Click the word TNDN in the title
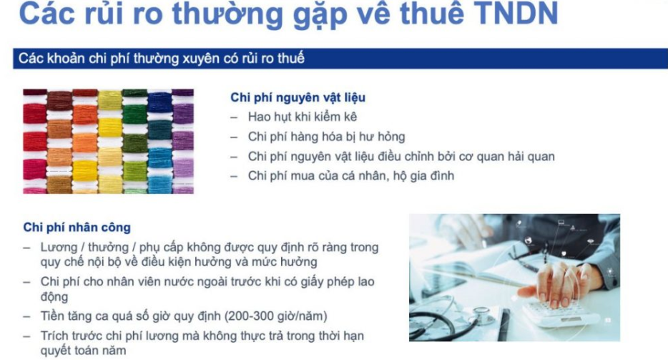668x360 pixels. [x=516, y=13]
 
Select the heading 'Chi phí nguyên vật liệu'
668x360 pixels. [x=298, y=97]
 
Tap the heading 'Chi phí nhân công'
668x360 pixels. [x=77, y=227]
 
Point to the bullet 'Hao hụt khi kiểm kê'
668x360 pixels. [x=303, y=117]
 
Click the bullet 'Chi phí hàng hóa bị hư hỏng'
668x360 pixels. [x=326, y=137]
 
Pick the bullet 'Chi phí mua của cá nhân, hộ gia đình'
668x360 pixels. [x=351, y=176]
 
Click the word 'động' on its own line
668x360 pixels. [x=54, y=296]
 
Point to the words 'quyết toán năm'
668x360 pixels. [x=83, y=351]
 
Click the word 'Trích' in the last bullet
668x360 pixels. [x=54, y=336]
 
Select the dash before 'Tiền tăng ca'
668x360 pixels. [x=27, y=316]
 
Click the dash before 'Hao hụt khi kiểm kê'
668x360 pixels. [x=234, y=117]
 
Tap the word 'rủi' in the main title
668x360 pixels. [x=104, y=13]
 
